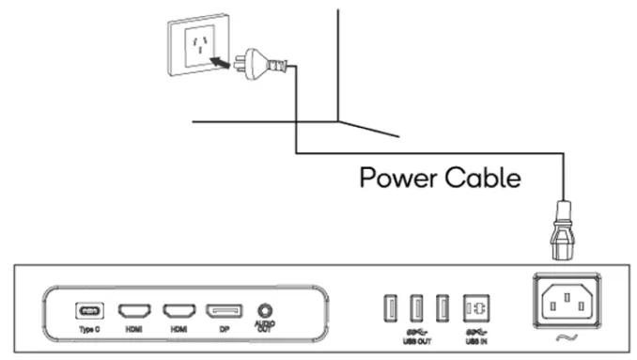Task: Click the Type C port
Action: point(90,309)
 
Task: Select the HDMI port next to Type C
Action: point(132,309)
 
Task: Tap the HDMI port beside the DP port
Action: point(179,309)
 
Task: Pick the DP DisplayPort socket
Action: point(225,309)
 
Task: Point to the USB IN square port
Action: point(477,306)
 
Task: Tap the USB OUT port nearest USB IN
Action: point(443,306)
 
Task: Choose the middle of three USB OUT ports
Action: point(415,306)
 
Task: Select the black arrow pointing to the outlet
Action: point(220,62)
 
